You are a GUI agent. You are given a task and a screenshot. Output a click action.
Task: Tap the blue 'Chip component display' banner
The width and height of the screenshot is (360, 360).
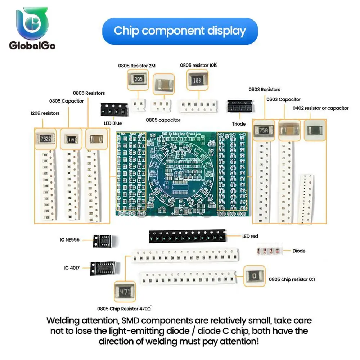click(x=180, y=31)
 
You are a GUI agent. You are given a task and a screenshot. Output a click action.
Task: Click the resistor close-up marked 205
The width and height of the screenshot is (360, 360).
click(x=138, y=80)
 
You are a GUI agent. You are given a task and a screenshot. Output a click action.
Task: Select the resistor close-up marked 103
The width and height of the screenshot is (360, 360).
click(x=197, y=80)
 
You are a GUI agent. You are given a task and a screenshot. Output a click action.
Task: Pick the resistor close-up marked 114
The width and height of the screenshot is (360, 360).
click(x=71, y=139)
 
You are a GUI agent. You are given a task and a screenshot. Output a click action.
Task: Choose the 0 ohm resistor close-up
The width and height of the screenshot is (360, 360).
click(x=255, y=276)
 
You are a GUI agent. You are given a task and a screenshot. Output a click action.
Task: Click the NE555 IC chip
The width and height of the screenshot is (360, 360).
click(x=103, y=240)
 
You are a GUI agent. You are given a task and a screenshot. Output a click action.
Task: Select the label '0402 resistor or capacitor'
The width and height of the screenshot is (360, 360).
click(x=320, y=108)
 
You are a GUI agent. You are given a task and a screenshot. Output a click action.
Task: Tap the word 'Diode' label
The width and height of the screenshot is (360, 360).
click(x=299, y=251)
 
